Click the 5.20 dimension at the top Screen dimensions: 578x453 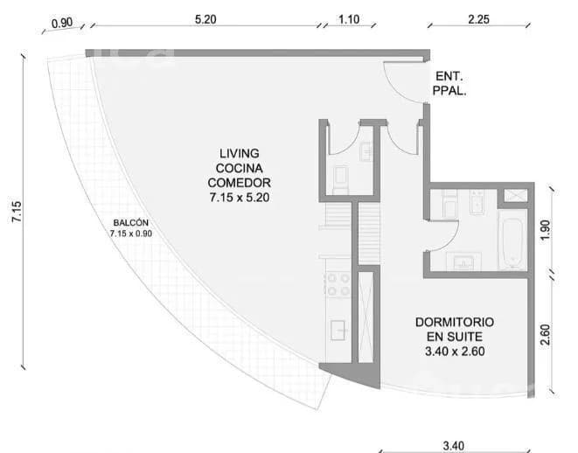[205, 19]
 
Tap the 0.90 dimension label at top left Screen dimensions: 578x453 [62, 23]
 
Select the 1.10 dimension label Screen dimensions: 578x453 [349, 19]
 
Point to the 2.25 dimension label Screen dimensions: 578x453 [478, 19]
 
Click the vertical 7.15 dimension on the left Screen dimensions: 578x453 [17, 212]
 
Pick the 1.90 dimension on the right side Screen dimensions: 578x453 [545, 230]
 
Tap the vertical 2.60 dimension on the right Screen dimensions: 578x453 [545, 335]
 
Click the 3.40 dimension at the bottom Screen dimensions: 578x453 [453, 446]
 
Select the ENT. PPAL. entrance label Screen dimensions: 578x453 [449, 83]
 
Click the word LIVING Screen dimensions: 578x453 [240, 153]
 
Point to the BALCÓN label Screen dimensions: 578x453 [131, 223]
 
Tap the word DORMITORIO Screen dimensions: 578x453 [455, 322]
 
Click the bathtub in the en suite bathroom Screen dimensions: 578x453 [512, 242]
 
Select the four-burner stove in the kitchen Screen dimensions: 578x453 [338, 284]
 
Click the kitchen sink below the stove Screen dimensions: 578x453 [338, 331]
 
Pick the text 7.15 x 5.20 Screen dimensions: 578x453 [240, 198]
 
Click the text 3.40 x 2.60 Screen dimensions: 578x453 [455, 352]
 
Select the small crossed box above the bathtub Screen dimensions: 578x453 [515, 196]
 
